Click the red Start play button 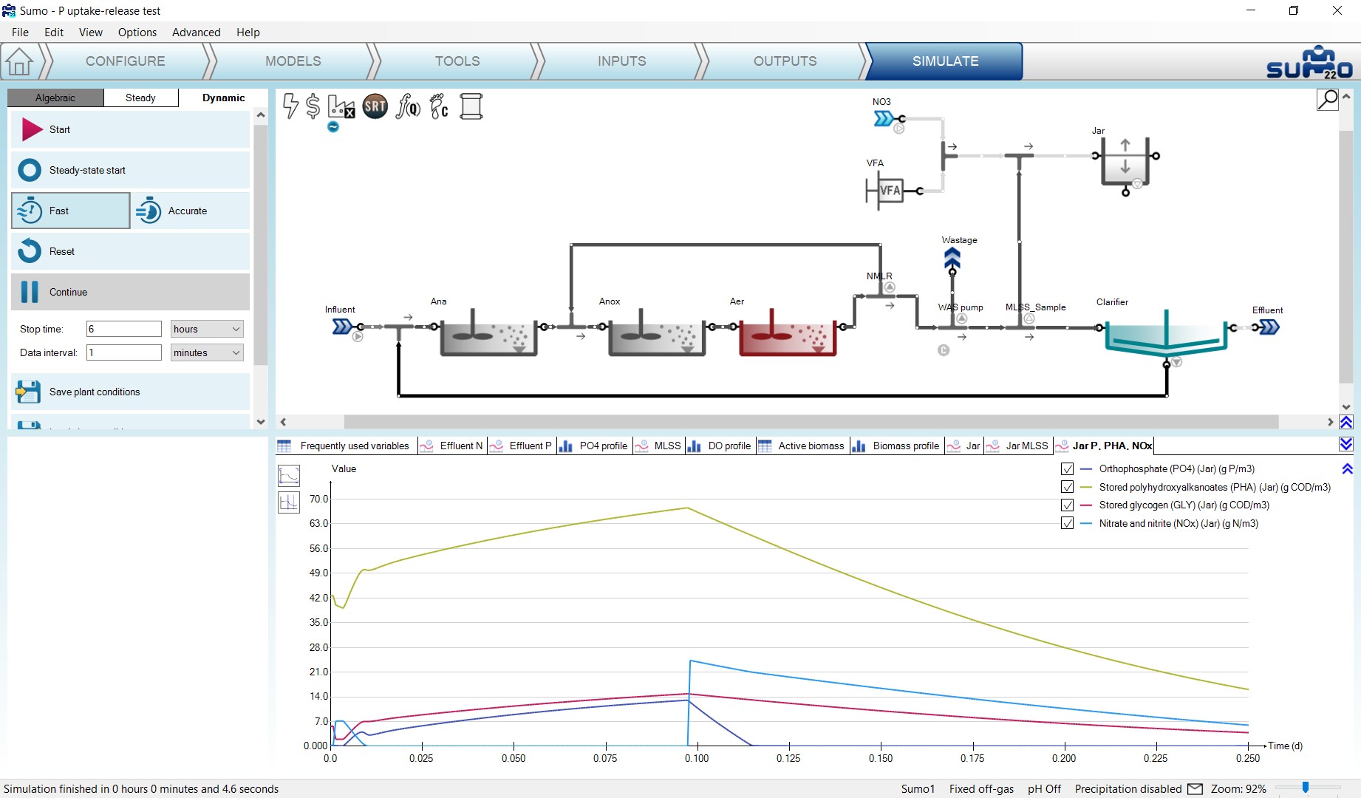(32, 129)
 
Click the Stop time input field (124, 329)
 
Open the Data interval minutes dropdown (207, 352)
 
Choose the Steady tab (140, 98)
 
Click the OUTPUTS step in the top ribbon (785, 61)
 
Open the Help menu (248, 33)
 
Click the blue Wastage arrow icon (952, 259)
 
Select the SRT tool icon (375, 106)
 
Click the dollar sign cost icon (313, 106)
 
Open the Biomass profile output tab (897, 446)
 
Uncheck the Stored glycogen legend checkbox (1067, 505)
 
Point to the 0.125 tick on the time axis (789, 746)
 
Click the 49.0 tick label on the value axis (318, 573)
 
